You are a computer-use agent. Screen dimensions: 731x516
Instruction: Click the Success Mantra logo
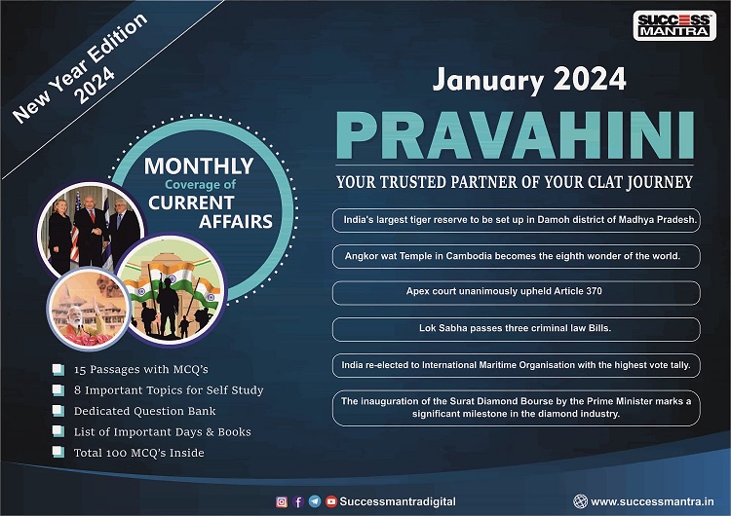pyautogui.click(x=674, y=25)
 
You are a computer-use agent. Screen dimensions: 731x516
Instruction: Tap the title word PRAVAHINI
pyautogui.click(x=516, y=136)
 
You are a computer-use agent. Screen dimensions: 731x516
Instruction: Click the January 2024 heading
pyautogui.click(x=529, y=80)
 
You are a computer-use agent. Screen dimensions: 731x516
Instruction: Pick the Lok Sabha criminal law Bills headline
pyautogui.click(x=516, y=329)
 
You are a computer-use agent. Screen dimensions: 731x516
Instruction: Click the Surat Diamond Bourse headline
pyautogui.click(x=516, y=408)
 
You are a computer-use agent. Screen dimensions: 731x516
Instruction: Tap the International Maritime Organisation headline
pyautogui.click(x=516, y=365)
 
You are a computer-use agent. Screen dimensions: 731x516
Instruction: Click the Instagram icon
pyautogui.click(x=282, y=501)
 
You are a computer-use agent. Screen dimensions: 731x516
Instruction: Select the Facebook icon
pyautogui.click(x=298, y=501)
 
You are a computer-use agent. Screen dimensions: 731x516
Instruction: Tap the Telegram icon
pyautogui.click(x=315, y=501)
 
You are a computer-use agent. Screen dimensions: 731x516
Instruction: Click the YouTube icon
pyautogui.click(x=331, y=501)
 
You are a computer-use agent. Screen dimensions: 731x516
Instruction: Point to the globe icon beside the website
pyautogui.click(x=581, y=501)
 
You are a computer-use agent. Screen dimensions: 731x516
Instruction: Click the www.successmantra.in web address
pyautogui.click(x=652, y=501)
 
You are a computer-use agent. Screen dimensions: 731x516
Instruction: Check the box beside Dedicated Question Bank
pyautogui.click(x=58, y=411)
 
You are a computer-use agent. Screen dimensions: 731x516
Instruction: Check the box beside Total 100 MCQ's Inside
pyautogui.click(x=58, y=452)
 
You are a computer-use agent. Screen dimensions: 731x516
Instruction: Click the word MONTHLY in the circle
pyautogui.click(x=199, y=166)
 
